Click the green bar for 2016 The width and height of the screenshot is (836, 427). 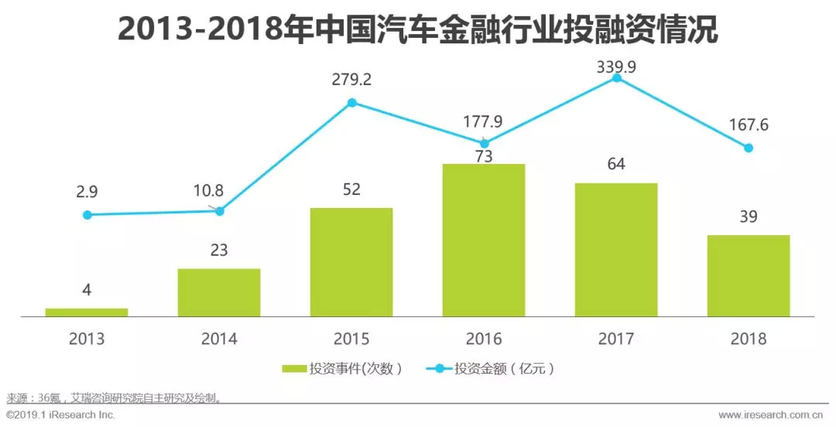point(484,241)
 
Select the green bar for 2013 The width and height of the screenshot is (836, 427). point(87,313)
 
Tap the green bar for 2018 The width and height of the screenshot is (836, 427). point(749,276)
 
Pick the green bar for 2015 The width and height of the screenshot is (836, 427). point(351,262)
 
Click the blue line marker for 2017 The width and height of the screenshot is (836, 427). point(616,77)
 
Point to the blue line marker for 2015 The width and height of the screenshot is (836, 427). point(351,102)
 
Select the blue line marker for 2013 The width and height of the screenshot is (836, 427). point(87,215)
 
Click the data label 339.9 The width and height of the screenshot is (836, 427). point(616,67)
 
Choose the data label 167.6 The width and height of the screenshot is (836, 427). point(748,125)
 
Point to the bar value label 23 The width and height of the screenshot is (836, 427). point(219,251)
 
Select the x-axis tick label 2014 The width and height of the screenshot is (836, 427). point(219,339)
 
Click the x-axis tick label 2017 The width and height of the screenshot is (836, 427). point(616,339)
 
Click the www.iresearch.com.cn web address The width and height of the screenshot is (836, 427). point(774,415)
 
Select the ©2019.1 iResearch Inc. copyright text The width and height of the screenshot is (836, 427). point(60,415)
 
